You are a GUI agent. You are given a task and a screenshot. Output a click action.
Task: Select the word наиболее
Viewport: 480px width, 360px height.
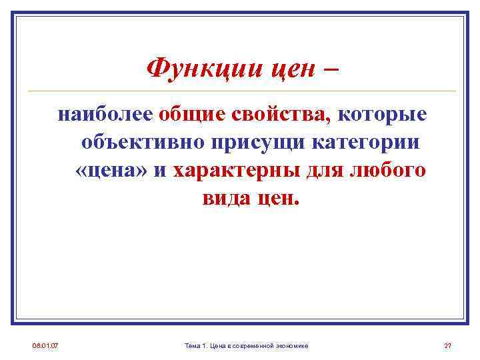pos(106,115)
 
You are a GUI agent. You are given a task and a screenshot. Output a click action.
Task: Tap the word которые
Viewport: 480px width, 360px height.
pos(382,115)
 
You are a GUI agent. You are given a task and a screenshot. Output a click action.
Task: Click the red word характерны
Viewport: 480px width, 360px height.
pos(236,171)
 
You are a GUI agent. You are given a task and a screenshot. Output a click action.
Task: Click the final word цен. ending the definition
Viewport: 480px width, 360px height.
pos(279,198)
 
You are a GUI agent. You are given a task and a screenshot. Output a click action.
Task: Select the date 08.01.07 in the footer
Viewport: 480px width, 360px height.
pos(45,345)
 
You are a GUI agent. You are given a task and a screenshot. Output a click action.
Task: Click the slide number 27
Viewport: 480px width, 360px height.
pos(448,345)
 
